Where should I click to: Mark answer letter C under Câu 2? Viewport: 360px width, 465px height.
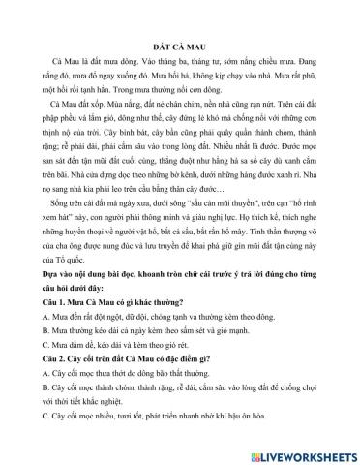[35, 448]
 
